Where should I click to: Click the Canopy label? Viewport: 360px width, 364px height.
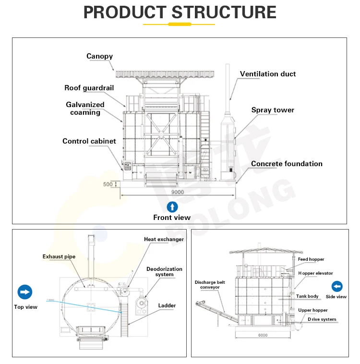coord(99,56)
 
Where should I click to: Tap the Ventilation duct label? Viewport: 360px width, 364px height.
coord(268,74)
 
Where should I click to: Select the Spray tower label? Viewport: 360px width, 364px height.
coord(273,110)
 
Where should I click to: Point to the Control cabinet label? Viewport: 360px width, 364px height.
coord(89,141)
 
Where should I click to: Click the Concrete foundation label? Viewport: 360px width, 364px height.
coord(287,164)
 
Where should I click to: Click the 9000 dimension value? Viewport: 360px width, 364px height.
coord(177,192)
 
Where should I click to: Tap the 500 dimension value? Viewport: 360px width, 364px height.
coord(108,184)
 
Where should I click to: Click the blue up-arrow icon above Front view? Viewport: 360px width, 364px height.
coord(172,207)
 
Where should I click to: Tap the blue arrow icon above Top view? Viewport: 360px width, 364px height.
coord(25,292)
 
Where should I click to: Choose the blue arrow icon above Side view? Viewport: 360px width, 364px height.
coord(337,287)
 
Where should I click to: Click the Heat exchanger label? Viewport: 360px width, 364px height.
coord(164,240)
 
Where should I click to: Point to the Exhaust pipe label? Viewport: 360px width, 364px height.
coord(59,257)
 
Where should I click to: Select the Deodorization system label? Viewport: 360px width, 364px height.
coord(164,272)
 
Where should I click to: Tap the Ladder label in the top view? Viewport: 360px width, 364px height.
coord(167,305)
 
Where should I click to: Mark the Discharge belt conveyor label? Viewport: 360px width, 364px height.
coord(207,285)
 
